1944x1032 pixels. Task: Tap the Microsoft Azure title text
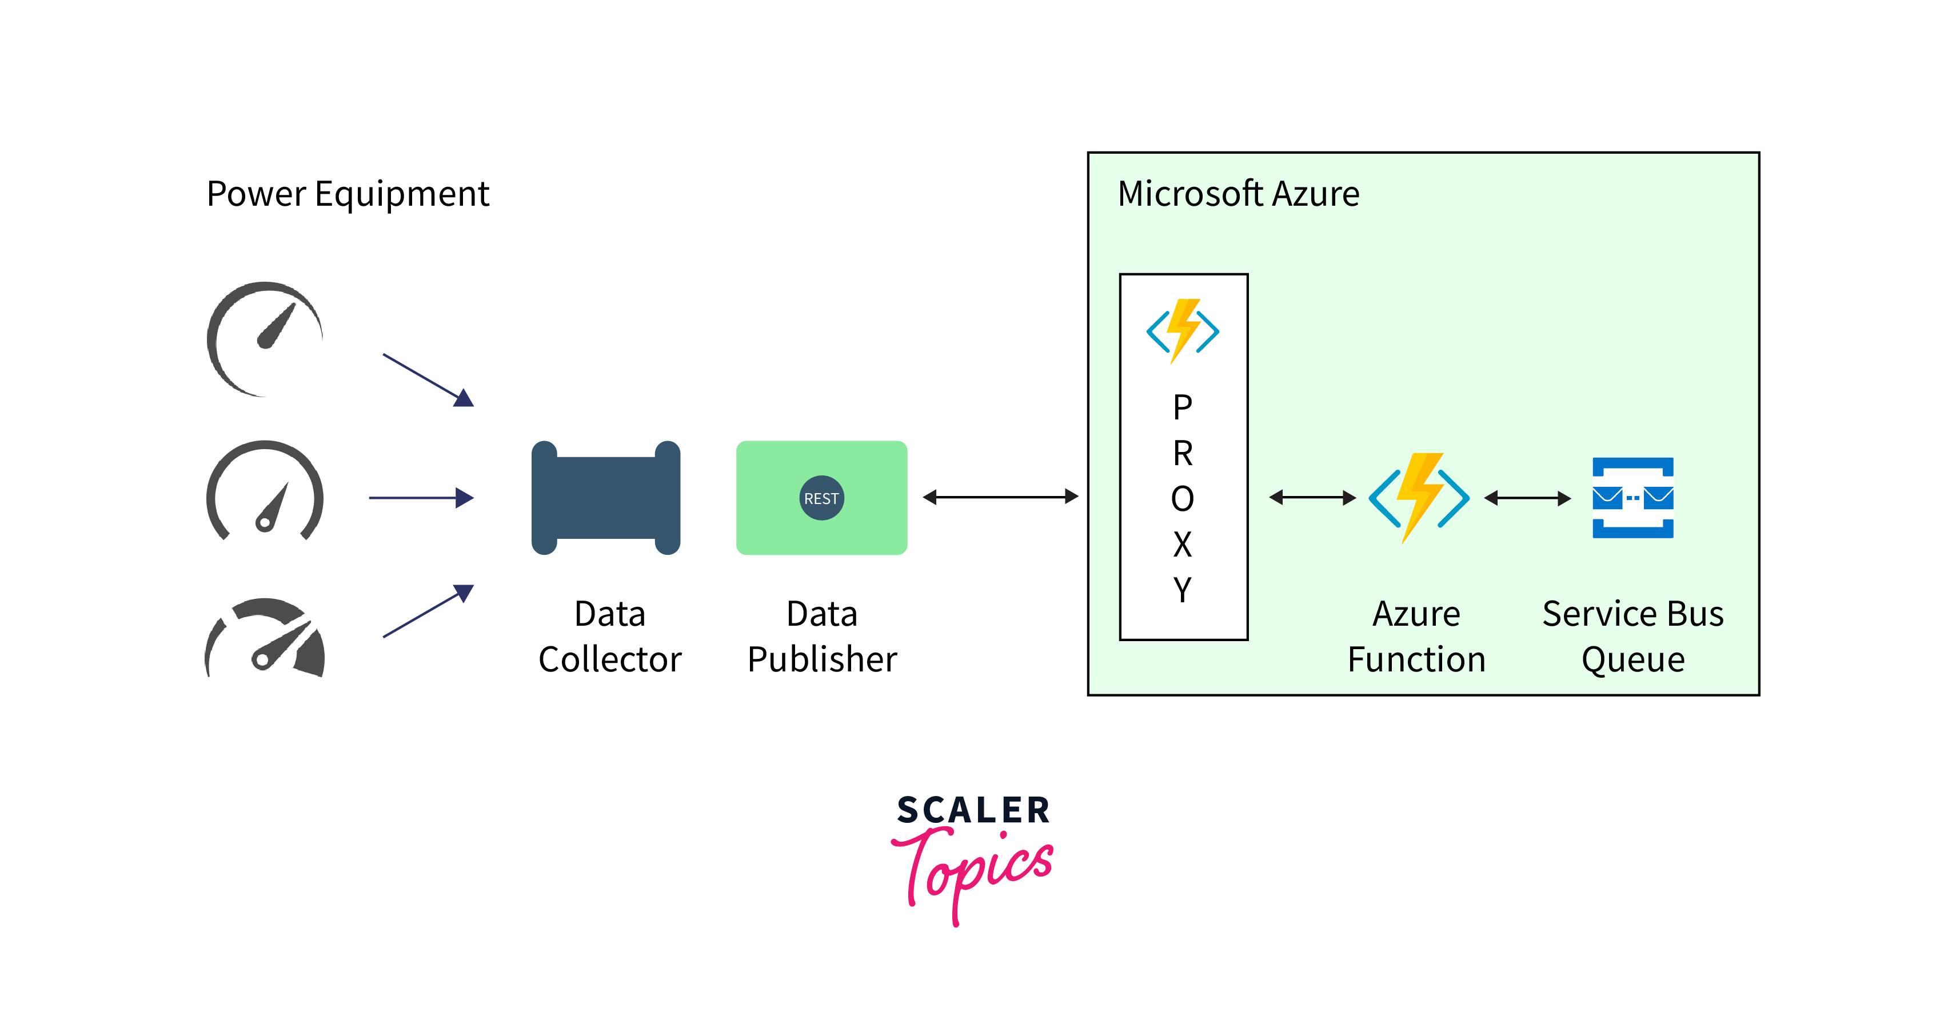coord(1239,194)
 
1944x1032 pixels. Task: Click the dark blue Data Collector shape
coord(606,498)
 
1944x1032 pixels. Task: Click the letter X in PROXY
coord(1183,544)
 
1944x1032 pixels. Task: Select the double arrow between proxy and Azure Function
coord(1312,497)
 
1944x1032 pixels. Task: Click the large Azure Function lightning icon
coord(1419,498)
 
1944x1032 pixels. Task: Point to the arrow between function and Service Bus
coord(1527,498)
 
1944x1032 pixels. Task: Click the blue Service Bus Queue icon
coord(1632,498)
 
